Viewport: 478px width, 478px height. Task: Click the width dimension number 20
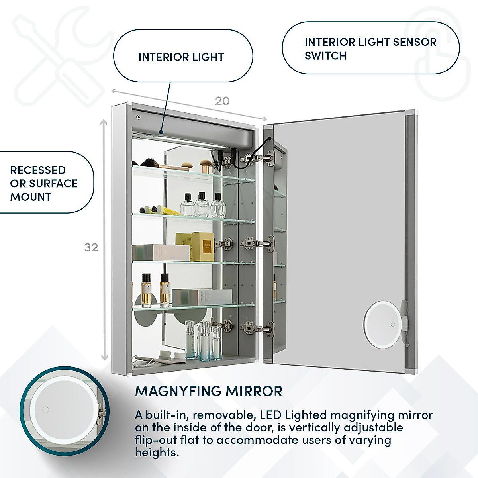pyautogui.click(x=222, y=101)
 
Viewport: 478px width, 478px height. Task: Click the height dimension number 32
pyautogui.click(x=91, y=247)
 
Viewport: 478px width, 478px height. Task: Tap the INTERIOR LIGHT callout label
pyautogui.click(x=181, y=57)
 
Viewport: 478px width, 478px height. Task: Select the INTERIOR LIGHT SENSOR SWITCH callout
pyautogui.click(x=370, y=49)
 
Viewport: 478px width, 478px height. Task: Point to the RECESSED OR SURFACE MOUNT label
pyautogui.click(x=44, y=183)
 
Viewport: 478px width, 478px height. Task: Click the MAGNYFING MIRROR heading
pyautogui.click(x=209, y=391)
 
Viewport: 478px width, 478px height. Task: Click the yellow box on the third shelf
pyautogui.click(x=203, y=247)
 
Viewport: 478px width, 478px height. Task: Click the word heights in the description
pyautogui.click(x=157, y=453)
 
